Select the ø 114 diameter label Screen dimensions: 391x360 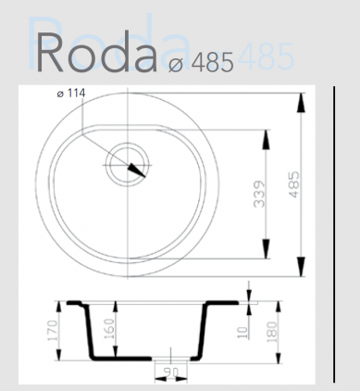(x=72, y=94)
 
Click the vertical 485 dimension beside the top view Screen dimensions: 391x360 (x=294, y=183)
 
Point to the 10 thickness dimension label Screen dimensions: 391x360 (x=241, y=329)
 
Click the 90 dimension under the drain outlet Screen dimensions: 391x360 (x=170, y=372)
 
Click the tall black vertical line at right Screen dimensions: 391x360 (x=334, y=232)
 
